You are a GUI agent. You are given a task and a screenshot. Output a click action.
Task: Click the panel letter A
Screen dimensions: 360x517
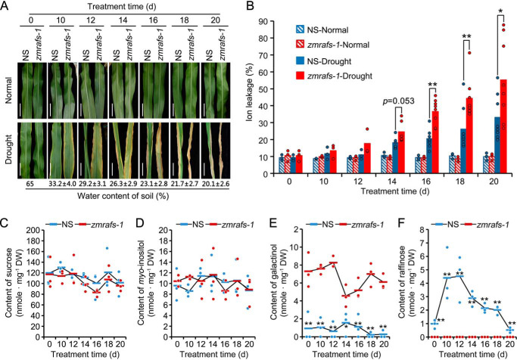(5, 6)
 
